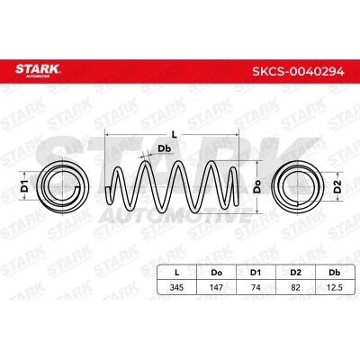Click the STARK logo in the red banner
pos(38,70)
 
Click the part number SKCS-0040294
pos(298,72)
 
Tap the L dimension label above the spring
pos(175,135)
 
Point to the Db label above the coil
pos(164,148)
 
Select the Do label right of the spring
pos(257,186)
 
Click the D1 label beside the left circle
pos(24,186)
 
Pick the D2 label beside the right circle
pos(337,186)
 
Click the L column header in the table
pos(176,273)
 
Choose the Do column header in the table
pos(216,273)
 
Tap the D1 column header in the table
pos(256,273)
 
